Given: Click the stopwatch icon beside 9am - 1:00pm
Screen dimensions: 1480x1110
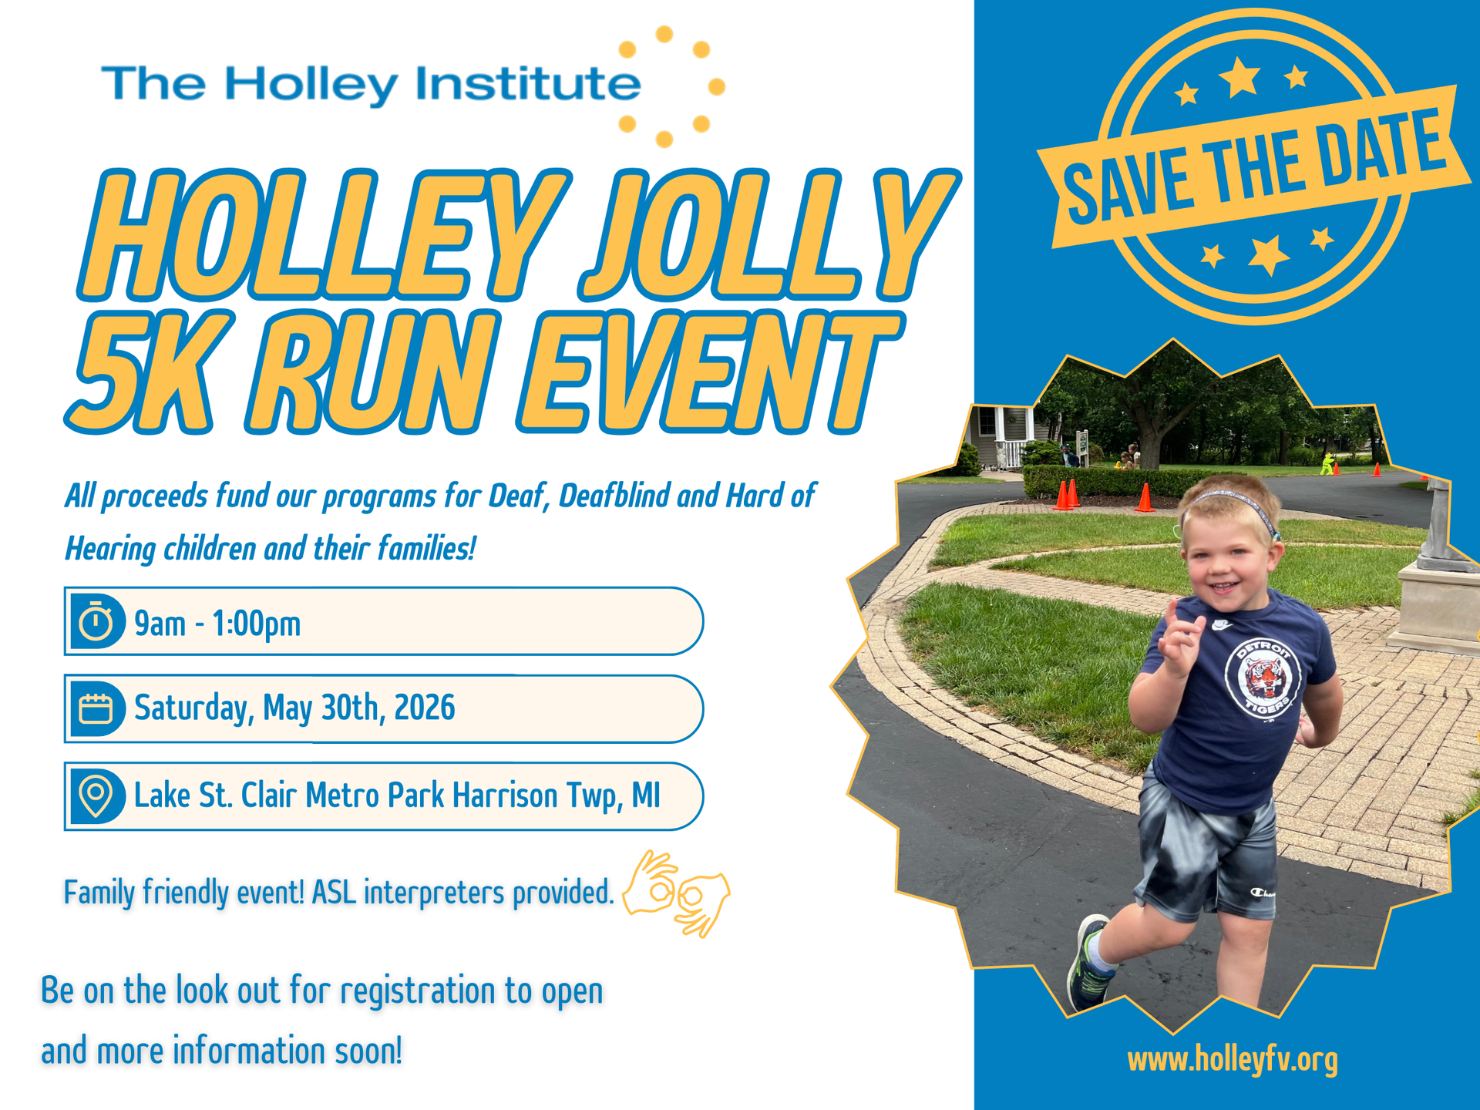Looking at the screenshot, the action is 96,621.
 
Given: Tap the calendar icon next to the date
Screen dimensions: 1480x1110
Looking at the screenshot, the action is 96,708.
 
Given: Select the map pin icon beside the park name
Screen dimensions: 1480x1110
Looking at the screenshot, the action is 96,795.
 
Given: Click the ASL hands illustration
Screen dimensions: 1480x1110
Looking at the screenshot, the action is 676,893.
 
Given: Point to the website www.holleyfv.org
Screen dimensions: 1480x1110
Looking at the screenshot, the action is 1233,1060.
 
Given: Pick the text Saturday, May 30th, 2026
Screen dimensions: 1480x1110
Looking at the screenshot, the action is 294,708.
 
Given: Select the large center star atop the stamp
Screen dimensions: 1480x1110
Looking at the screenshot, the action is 1239,77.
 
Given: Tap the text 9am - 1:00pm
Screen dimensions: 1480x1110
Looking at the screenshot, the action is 217,623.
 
